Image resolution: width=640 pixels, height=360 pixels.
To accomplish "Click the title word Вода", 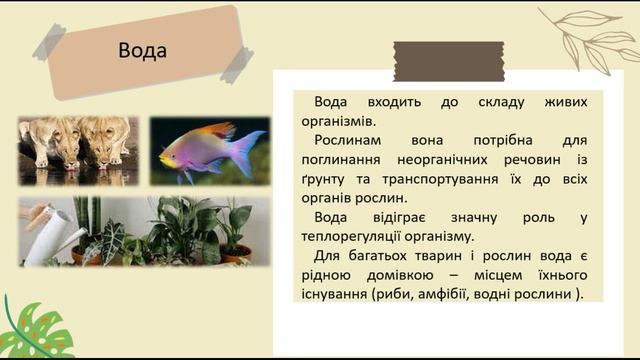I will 142,51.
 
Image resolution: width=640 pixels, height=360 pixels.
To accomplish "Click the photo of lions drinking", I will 78,151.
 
